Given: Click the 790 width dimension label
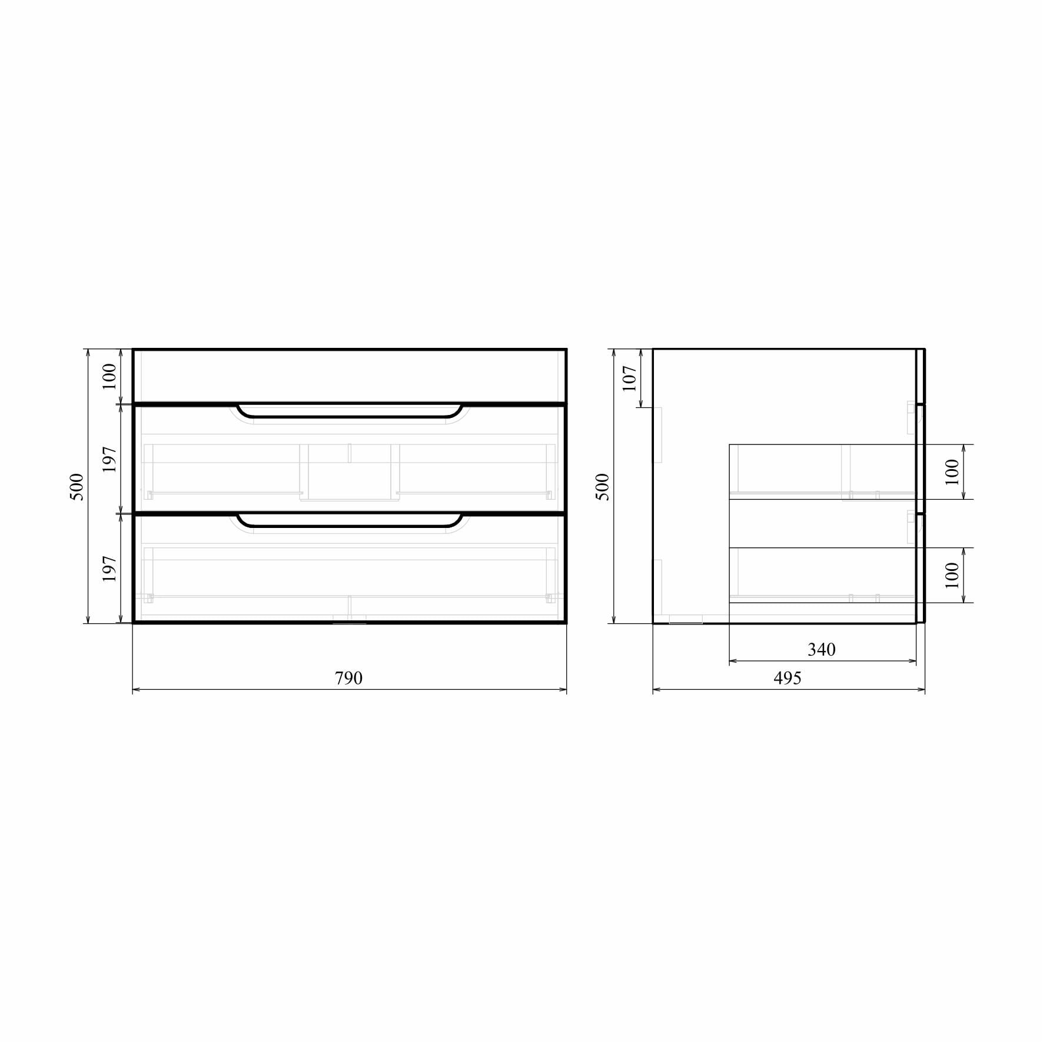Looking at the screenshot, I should tap(348, 678).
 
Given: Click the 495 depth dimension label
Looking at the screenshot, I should tap(787, 678).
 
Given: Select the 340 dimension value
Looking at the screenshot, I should tap(821, 649).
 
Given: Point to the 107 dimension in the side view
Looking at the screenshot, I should tap(629, 378).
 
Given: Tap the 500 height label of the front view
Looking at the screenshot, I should tap(77, 486).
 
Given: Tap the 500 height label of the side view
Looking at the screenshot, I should tap(603, 486).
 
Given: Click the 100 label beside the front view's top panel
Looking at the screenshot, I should tap(109, 376).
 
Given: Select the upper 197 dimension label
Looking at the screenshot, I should tap(109, 459).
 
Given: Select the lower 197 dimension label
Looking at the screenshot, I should tap(109, 569).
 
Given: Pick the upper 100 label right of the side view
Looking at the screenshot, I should tap(952, 471).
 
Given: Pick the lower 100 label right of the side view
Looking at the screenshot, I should tap(952, 575).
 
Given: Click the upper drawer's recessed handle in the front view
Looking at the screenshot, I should tap(349, 411).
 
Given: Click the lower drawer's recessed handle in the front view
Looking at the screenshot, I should tap(349, 520).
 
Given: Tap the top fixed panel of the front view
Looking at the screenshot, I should tap(349, 376).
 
